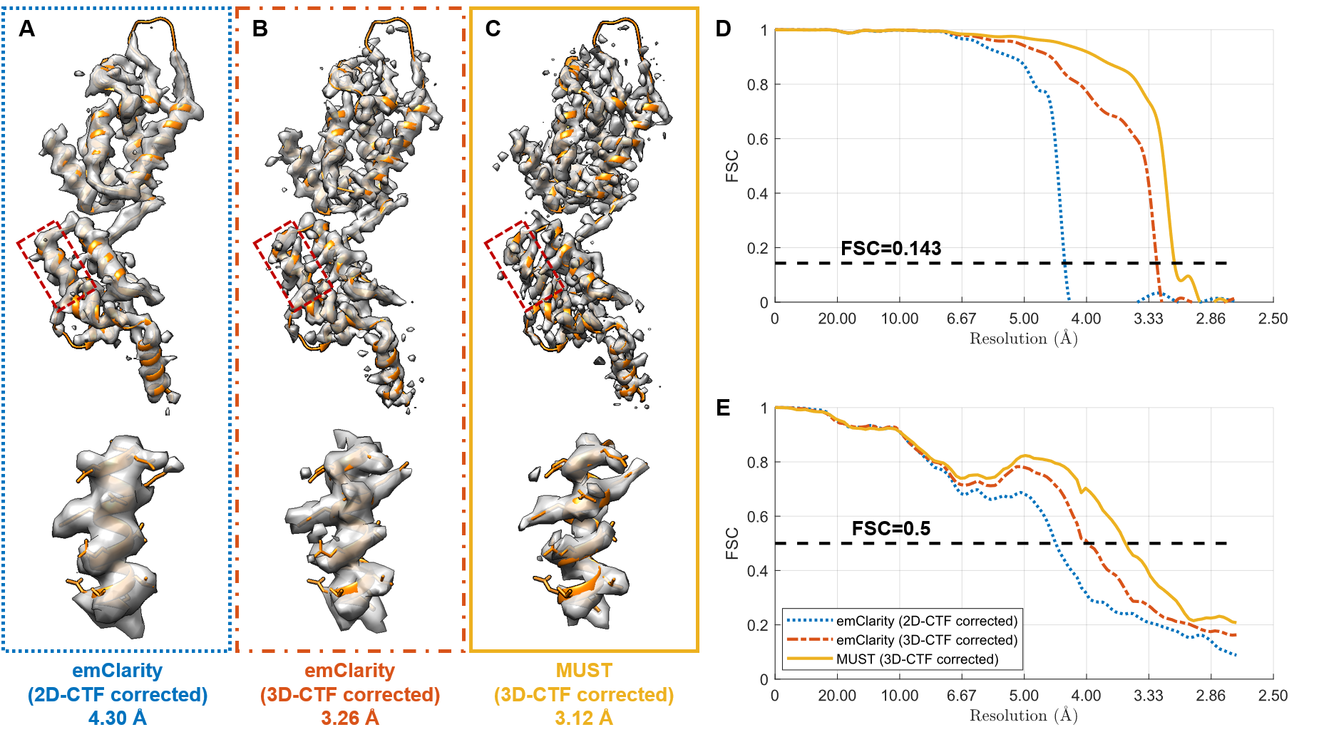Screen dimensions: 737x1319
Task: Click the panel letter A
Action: pos(26,29)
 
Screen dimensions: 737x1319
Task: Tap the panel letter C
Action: pos(493,29)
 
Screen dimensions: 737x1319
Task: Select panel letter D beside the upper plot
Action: pos(723,29)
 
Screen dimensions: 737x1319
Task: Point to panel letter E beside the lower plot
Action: pos(723,408)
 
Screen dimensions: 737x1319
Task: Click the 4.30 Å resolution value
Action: pos(118,718)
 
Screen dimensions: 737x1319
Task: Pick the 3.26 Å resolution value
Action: pos(350,718)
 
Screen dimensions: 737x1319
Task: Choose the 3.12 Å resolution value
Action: pos(584,718)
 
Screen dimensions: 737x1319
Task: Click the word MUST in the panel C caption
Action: pos(584,671)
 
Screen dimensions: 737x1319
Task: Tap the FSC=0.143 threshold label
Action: pos(891,248)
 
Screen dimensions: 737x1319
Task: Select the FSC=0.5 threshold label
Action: pos(891,528)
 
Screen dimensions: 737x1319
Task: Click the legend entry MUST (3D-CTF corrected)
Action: pos(917,659)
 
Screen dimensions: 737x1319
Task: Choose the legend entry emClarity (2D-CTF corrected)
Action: pos(926,621)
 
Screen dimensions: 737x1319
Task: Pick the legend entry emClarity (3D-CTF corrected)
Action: pos(926,640)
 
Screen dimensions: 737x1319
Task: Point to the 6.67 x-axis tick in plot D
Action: pos(961,319)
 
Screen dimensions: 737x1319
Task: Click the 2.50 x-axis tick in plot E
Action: pos(1273,696)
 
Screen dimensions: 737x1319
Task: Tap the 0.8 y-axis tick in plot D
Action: pos(757,85)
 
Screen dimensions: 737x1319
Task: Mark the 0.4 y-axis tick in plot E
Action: pos(757,571)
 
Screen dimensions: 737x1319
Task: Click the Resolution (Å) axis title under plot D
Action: pos(1023,339)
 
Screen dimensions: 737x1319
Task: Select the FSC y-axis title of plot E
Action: pos(732,543)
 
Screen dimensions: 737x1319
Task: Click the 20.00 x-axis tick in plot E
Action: pos(837,696)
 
